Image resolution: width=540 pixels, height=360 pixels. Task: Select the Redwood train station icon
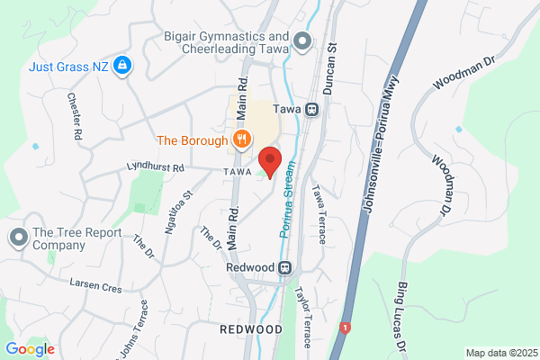coord(285,267)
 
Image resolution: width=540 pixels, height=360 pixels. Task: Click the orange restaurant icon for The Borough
coord(240,139)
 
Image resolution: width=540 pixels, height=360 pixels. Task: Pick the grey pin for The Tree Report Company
coord(18,238)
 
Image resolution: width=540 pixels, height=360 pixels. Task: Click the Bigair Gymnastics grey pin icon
coord(301,40)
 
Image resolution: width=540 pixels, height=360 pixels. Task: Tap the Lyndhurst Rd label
coord(157,167)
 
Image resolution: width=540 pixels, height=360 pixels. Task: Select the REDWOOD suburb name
coord(250,330)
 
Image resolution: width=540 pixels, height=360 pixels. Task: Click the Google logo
coord(31,348)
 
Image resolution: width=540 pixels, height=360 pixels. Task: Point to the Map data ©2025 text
coord(500,353)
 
